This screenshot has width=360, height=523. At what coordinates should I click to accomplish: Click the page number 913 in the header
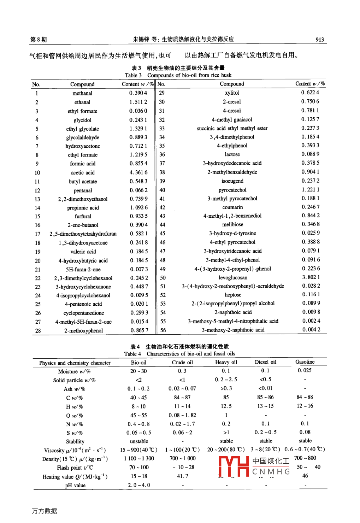tap(319, 40)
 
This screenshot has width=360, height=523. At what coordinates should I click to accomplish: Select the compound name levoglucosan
tap(233, 278)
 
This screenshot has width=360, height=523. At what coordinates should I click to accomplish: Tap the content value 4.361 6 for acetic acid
tap(138, 172)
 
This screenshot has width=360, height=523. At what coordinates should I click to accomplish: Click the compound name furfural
tap(83, 216)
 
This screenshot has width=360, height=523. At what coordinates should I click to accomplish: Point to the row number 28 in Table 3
tap(38, 331)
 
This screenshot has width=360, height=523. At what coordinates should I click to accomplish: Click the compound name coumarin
tap(232, 207)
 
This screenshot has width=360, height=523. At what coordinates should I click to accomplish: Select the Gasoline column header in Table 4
tap(305, 362)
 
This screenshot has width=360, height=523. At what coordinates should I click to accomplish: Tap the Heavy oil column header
tap(226, 362)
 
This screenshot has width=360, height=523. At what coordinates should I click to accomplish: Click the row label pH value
tap(75, 486)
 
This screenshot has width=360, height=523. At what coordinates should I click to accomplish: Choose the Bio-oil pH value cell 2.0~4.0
tap(139, 485)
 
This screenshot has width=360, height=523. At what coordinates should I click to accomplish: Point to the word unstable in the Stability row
tap(139, 441)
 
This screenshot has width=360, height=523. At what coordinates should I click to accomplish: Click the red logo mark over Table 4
tap(234, 466)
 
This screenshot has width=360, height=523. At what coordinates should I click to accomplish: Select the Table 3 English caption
tap(178, 75)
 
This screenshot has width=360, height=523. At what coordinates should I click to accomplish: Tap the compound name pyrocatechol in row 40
tap(232, 190)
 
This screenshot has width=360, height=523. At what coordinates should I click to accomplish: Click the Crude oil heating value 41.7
tap(183, 476)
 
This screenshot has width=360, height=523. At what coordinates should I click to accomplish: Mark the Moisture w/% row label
tap(74, 372)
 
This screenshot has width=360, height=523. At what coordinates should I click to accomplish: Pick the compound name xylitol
tap(232, 93)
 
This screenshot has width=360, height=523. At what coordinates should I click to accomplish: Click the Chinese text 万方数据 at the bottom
tap(45, 511)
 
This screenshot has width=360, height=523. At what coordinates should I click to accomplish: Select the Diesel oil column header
tap(266, 362)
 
